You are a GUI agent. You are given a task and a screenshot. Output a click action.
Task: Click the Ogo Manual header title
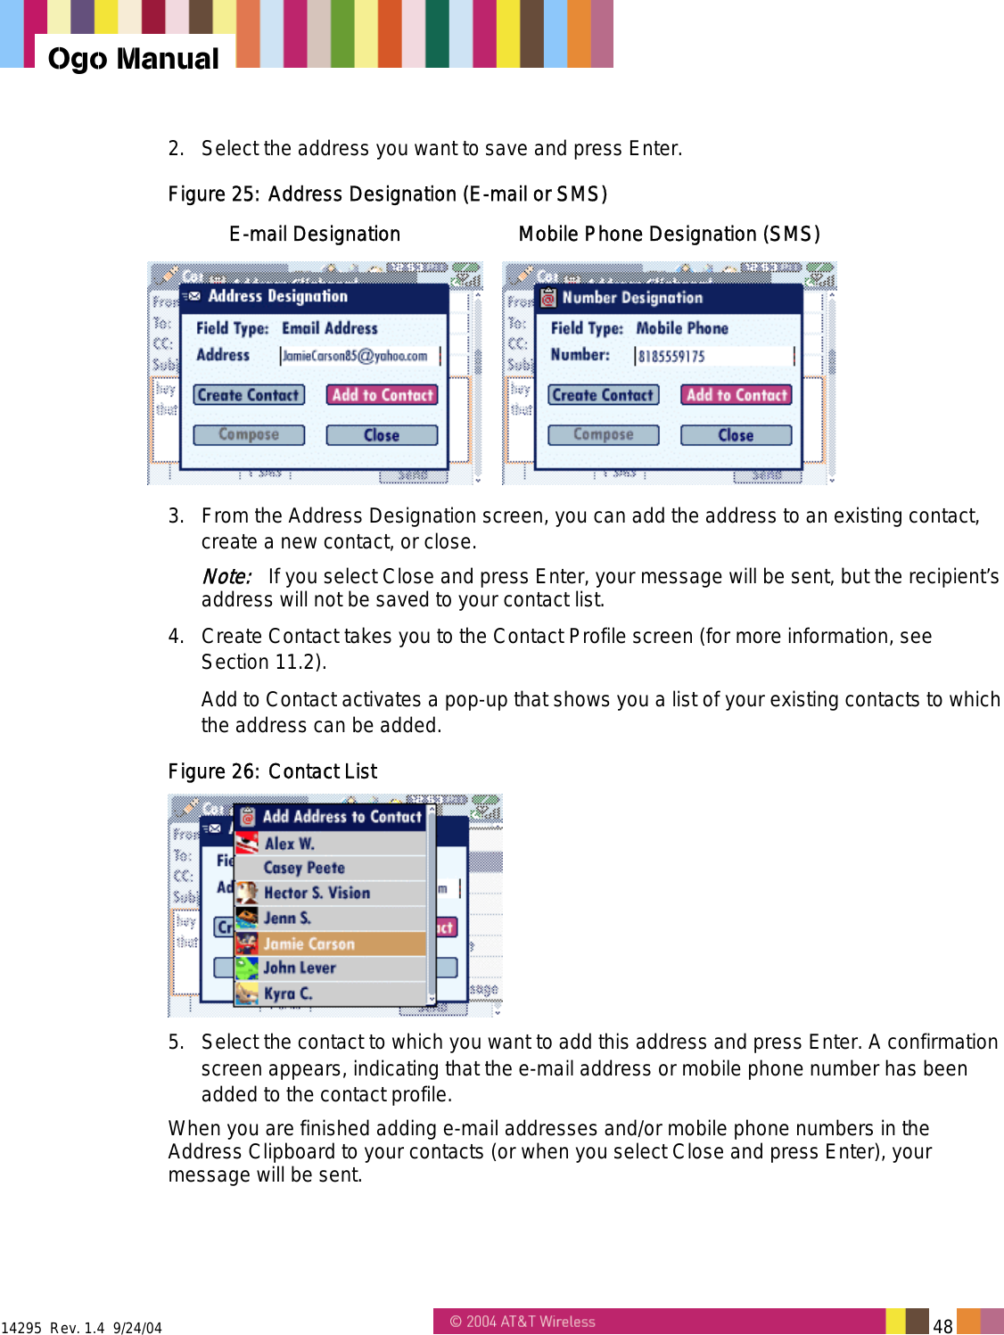(x=133, y=59)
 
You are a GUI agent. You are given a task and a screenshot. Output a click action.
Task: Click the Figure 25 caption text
(x=387, y=194)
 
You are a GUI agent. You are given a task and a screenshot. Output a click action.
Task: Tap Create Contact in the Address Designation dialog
(x=248, y=395)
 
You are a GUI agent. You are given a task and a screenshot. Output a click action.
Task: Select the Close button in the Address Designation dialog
(x=381, y=435)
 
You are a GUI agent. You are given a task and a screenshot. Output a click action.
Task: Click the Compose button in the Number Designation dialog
(x=603, y=435)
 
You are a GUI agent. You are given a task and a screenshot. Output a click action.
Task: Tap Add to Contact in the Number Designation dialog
(x=737, y=395)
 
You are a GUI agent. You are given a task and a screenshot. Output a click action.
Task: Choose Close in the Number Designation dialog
(x=736, y=435)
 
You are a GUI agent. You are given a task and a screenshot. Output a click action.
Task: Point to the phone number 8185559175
(x=671, y=357)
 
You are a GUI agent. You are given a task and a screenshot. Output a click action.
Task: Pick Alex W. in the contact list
(x=289, y=844)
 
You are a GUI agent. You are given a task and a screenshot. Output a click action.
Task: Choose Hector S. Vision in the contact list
(x=317, y=893)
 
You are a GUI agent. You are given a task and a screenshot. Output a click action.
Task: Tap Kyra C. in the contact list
(x=287, y=993)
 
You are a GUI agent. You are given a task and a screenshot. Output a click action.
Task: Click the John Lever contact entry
(x=300, y=968)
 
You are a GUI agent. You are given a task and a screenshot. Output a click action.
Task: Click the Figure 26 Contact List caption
(x=272, y=771)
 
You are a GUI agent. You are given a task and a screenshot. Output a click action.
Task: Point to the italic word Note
(x=226, y=577)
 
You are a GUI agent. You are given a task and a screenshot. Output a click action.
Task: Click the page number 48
(x=942, y=1326)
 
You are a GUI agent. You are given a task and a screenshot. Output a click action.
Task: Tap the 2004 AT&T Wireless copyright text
(x=523, y=1322)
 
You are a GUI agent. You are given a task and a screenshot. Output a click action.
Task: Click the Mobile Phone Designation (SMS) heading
(x=669, y=235)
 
